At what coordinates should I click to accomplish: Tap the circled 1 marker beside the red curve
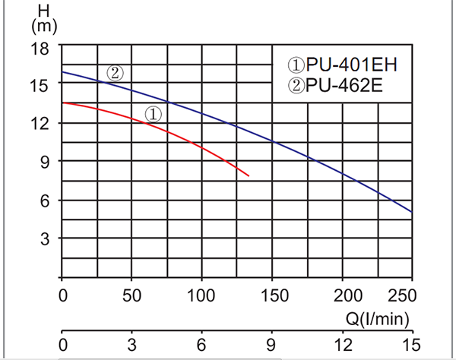[x=153, y=115]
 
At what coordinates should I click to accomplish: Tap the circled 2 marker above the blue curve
[x=115, y=74]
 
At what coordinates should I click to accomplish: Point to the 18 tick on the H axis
[x=40, y=47]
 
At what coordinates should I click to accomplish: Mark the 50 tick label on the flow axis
[x=132, y=294]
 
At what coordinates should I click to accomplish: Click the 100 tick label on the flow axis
[x=202, y=294]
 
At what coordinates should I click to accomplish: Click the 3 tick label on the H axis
[x=43, y=238]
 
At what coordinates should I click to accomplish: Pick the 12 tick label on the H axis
[x=40, y=123]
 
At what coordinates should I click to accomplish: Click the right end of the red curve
[x=249, y=176]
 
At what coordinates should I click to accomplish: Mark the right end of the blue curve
[x=411, y=211]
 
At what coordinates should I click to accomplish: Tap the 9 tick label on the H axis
[x=43, y=162]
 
